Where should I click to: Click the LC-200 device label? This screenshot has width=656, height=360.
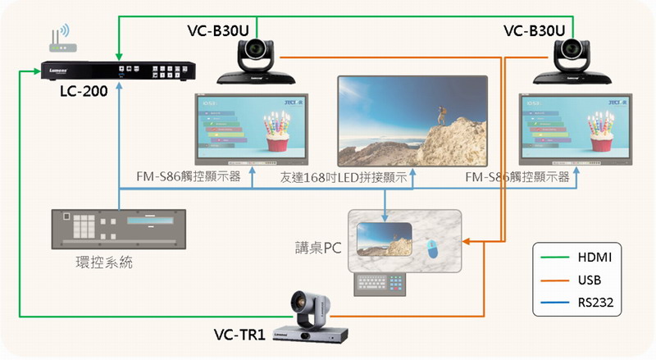83,91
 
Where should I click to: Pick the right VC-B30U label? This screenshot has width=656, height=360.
534,30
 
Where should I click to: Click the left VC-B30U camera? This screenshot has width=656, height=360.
257,62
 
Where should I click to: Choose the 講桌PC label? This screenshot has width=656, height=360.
320,246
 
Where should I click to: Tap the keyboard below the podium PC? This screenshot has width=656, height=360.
381,283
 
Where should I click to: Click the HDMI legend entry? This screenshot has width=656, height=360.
593,257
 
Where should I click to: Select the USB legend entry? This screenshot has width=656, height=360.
589,280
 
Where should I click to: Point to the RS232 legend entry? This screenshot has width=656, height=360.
593,303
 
